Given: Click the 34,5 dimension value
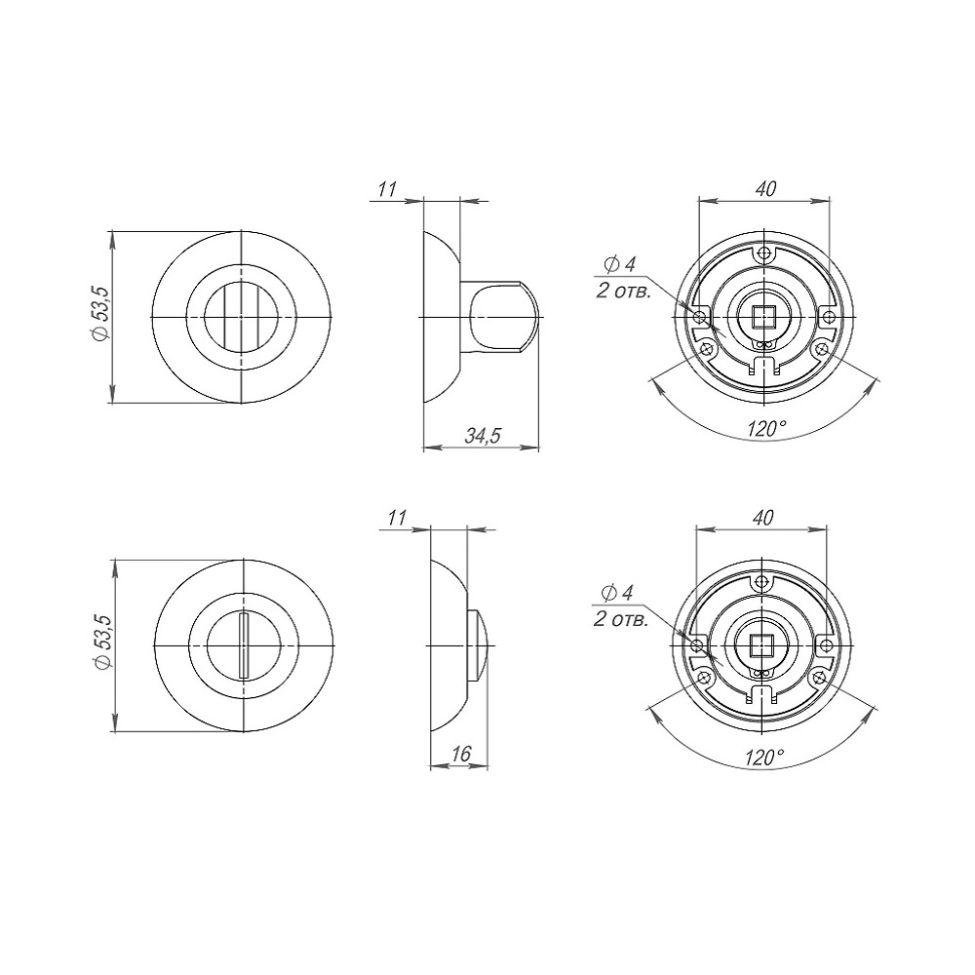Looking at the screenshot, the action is (x=483, y=436).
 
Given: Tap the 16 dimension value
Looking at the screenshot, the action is (x=461, y=754).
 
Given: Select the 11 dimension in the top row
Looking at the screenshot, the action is (x=387, y=189).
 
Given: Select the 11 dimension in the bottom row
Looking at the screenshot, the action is (x=396, y=518).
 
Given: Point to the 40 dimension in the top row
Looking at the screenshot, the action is (x=765, y=188).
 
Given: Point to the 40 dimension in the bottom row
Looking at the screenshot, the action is (x=763, y=518).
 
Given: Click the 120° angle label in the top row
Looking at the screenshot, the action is (x=766, y=428).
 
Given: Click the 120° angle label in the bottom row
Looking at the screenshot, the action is (x=764, y=758).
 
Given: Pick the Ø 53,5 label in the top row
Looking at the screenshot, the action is (x=100, y=313).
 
